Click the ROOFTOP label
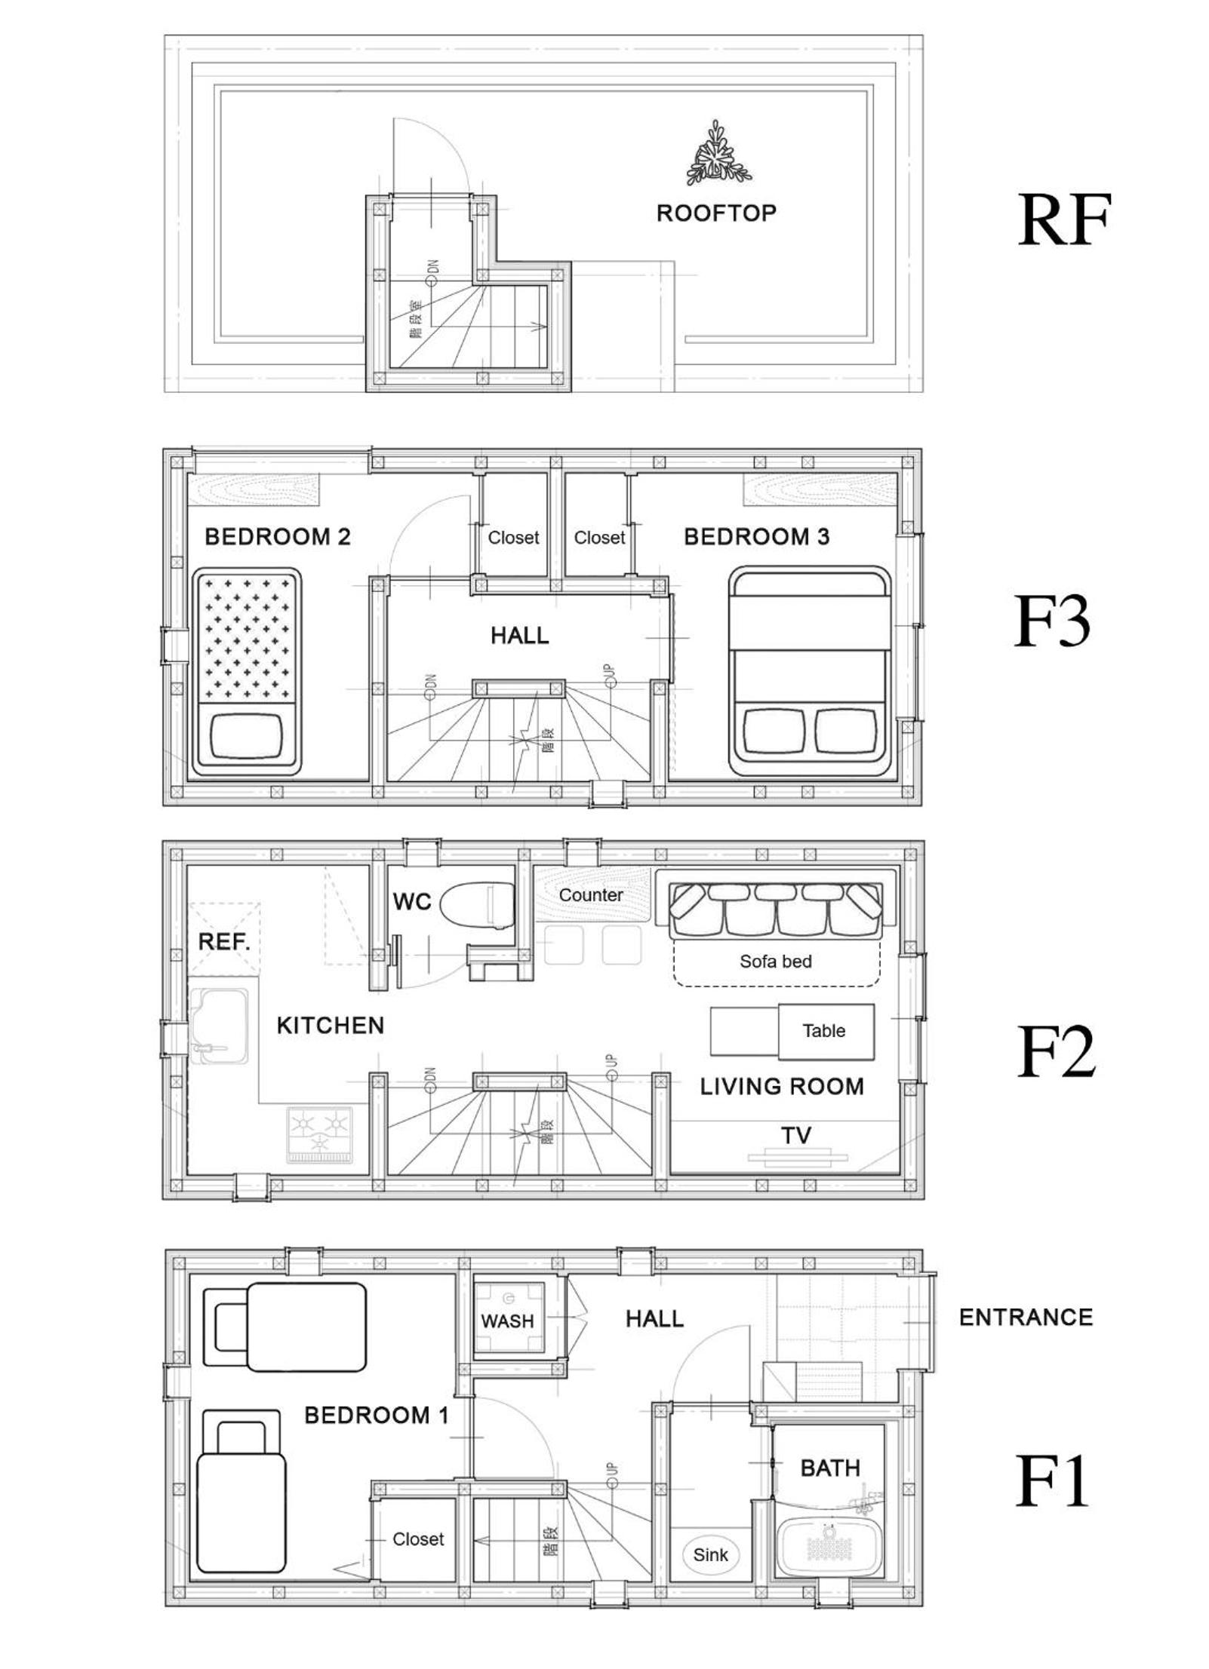tap(715, 213)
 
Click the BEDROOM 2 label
tap(277, 536)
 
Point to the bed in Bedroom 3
tap(810, 672)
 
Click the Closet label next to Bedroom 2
tap(513, 538)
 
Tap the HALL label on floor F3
tap(519, 635)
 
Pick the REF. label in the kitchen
tap(224, 941)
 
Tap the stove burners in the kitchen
tap(319, 1133)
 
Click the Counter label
tap(590, 894)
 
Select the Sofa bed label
tap(775, 961)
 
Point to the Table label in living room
tap(823, 1030)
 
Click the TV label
tap(796, 1134)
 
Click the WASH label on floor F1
tap(507, 1321)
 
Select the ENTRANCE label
tap(1026, 1317)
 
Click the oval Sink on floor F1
tap(710, 1554)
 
